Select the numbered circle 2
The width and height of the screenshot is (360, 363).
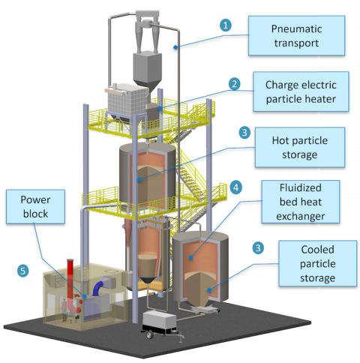coord(235,84)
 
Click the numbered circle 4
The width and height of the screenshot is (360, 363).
coord(235,185)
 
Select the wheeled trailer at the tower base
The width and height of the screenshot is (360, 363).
coord(163,325)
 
